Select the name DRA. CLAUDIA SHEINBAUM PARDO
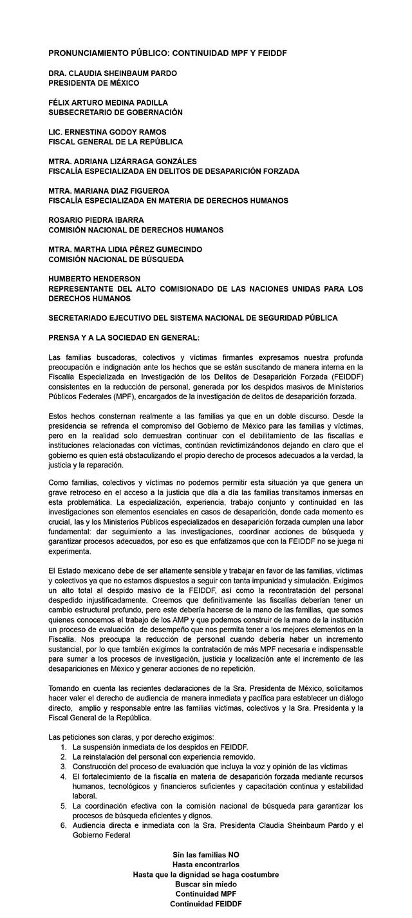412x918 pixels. (x=113, y=73)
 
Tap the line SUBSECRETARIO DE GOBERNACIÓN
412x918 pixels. (x=115, y=112)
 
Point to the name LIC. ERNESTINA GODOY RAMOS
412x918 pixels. (x=108, y=132)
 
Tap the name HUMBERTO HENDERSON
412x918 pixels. (x=94, y=279)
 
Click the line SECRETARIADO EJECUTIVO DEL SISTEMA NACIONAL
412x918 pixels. (x=193, y=318)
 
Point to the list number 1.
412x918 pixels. (x=64, y=747)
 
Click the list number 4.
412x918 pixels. (x=64, y=776)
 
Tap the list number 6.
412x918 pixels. (x=64, y=825)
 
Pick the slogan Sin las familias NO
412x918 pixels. (x=205, y=854)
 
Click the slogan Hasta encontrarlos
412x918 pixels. (x=205, y=865)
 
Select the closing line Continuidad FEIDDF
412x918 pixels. (x=205, y=904)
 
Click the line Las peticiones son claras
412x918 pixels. (x=131, y=736)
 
